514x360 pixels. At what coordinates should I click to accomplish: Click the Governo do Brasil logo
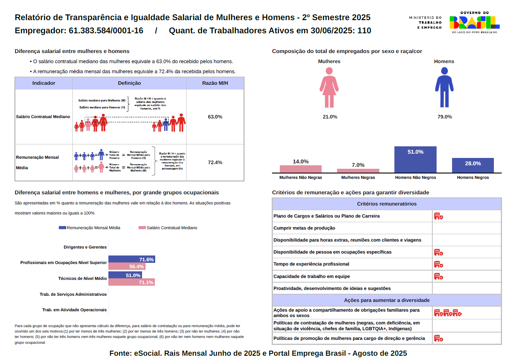click(474, 22)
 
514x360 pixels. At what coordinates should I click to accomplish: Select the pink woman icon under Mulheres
click(329, 87)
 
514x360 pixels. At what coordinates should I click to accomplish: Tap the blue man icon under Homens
click(444, 87)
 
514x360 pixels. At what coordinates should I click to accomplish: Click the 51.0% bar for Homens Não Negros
click(415, 159)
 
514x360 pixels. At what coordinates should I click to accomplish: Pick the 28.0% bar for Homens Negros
click(473, 165)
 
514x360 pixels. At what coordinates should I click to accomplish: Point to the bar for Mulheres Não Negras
click(301, 169)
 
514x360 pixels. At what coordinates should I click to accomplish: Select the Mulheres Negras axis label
click(358, 178)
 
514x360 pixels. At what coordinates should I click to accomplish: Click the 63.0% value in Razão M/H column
click(215, 117)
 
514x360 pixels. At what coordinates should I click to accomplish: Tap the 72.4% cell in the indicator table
click(215, 163)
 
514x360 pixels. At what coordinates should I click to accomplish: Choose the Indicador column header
click(44, 83)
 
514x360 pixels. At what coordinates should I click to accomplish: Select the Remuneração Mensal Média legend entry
click(90, 228)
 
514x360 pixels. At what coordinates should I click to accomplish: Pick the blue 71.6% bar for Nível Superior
click(132, 259)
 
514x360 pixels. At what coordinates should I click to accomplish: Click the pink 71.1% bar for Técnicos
click(132, 282)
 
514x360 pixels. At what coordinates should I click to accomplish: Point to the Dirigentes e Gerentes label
click(85, 247)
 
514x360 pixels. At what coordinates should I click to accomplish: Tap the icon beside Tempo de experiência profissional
click(439, 264)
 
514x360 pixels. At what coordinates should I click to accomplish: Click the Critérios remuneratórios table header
click(387, 204)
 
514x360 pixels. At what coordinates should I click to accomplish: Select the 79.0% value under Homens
click(445, 117)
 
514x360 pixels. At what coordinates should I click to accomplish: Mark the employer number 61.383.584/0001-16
click(106, 31)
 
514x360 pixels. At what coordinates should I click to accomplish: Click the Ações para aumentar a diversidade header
click(387, 300)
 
